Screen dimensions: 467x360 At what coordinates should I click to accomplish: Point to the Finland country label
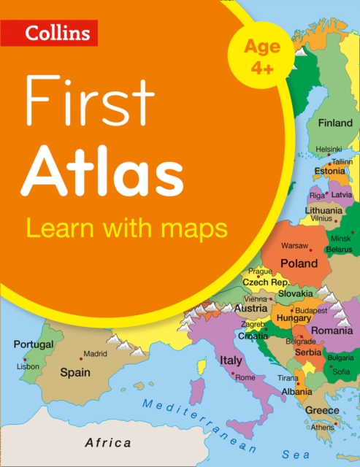(335, 123)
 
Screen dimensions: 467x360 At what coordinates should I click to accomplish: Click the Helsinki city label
(329, 149)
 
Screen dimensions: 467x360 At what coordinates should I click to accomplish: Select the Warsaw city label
(295, 245)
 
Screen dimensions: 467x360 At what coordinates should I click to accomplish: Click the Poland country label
(300, 263)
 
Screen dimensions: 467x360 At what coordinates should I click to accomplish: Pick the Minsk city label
(342, 239)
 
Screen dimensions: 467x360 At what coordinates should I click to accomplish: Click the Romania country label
(332, 330)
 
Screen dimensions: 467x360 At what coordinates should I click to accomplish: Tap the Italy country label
(231, 360)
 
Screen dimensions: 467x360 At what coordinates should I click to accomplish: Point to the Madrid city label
(95, 354)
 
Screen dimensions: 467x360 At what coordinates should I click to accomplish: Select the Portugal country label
(34, 344)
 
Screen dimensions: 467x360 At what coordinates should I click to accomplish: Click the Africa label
(108, 442)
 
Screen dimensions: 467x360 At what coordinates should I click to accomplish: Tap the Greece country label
(322, 410)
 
